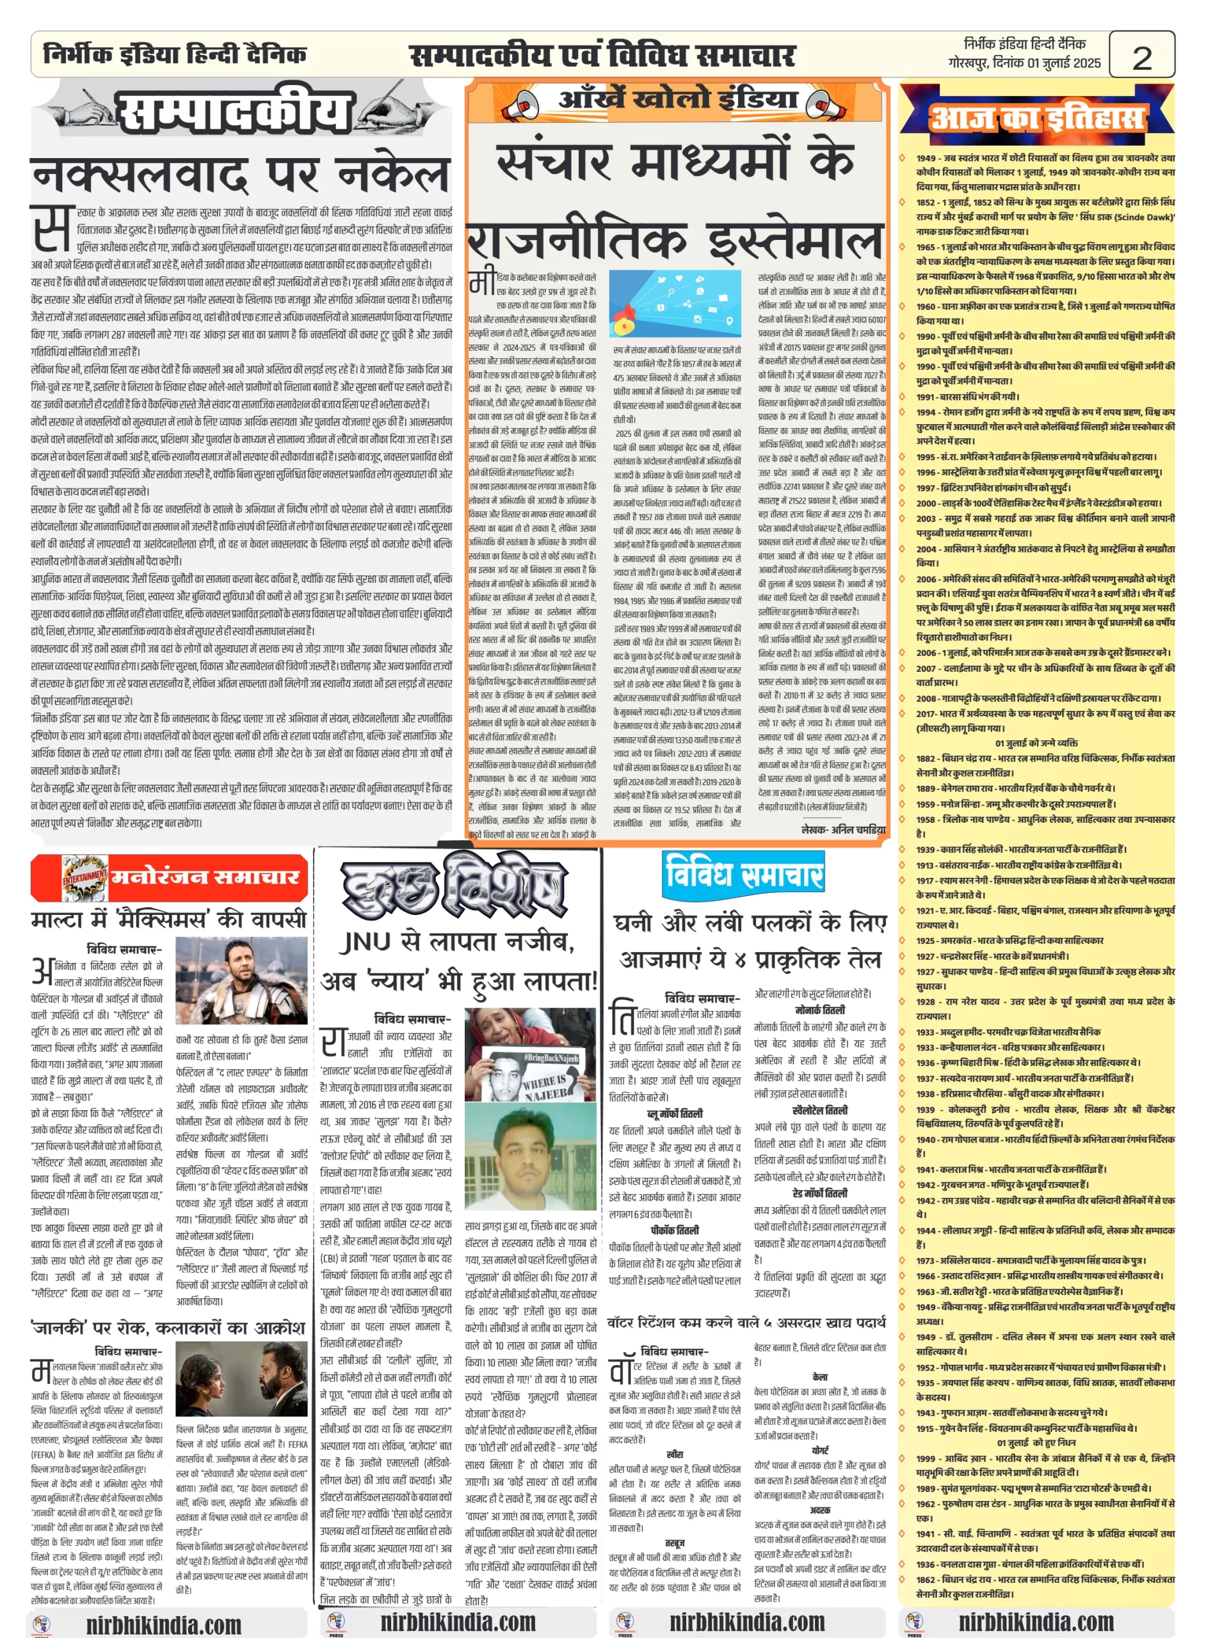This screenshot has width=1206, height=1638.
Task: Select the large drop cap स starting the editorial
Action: click(x=52, y=228)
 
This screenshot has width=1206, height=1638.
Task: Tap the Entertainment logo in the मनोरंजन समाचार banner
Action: click(x=84, y=878)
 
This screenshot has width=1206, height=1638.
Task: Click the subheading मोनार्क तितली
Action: click(x=820, y=1010)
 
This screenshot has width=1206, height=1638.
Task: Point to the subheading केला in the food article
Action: click(x=820, y=1376)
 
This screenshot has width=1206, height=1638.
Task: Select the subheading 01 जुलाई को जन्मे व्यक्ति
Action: click(x=1036, y=743)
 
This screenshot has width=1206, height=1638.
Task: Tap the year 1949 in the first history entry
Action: click(x=926, y=157)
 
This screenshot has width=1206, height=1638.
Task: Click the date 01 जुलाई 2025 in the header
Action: click(x=1064, y=63)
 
